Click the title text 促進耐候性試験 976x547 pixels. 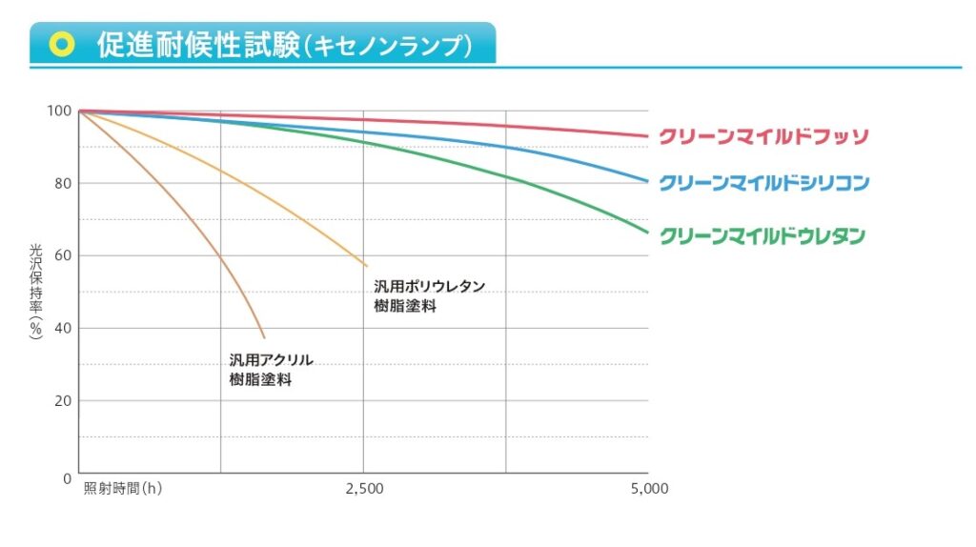click(198, 45)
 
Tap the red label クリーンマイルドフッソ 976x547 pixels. click(763, 136)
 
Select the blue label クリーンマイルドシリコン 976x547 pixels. click(764, 182)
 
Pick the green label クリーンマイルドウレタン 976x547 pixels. click(762, 235)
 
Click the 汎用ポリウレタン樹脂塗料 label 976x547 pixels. click(429, 295)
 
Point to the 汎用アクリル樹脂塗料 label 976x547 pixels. click(271, 370)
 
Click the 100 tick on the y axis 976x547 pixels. click(58, 111)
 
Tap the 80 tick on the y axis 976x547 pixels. click(62, 184)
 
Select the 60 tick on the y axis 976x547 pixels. click(62, 256)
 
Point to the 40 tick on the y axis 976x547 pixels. click(62, 329)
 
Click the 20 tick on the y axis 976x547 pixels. click(62, 401)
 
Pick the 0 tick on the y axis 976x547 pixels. click(67, 476)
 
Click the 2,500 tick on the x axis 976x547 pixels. click(364, 489)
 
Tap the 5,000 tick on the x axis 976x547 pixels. click(648, 489)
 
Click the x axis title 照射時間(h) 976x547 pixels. click(123, 489)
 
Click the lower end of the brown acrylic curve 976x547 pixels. click(264, 336)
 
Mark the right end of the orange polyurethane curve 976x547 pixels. click(366, 265)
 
